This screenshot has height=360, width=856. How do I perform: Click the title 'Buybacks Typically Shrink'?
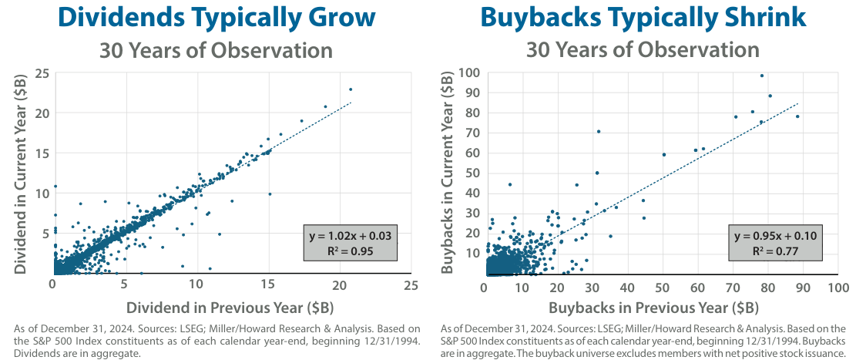click(x=643, y=18)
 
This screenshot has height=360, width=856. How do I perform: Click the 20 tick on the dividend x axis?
click(x=339, y=285)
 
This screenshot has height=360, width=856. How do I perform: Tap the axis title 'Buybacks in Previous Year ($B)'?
click(x=660, y=308)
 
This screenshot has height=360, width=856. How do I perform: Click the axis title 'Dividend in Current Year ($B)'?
click(x=22, y=171)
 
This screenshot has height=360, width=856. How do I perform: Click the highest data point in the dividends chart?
click(x=351, y=89)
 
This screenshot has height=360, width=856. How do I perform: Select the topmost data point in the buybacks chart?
click(x=762, y=76)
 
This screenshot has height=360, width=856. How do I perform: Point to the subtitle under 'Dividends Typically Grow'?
click(x=215, y=51)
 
